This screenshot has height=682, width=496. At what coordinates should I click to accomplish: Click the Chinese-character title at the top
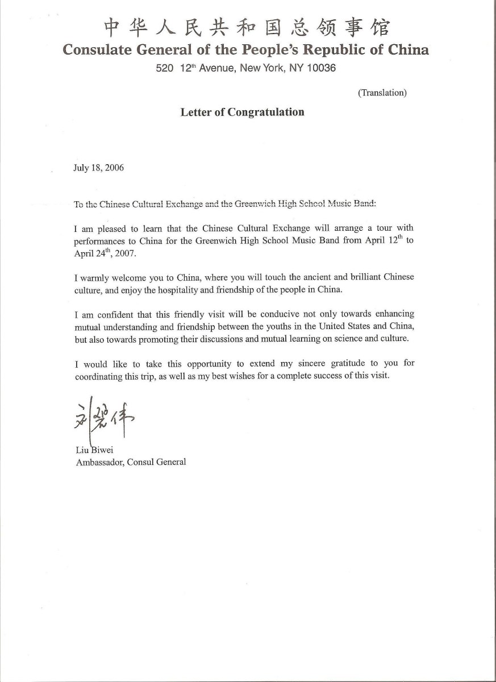(x=246, y=27)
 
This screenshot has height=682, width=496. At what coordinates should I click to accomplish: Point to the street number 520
(x=165, y=68)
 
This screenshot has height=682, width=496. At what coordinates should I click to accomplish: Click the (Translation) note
(x=382, y=93)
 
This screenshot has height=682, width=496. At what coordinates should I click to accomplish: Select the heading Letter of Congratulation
(x=242, y=112)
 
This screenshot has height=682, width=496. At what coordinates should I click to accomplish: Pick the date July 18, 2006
(x=99, y=168)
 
